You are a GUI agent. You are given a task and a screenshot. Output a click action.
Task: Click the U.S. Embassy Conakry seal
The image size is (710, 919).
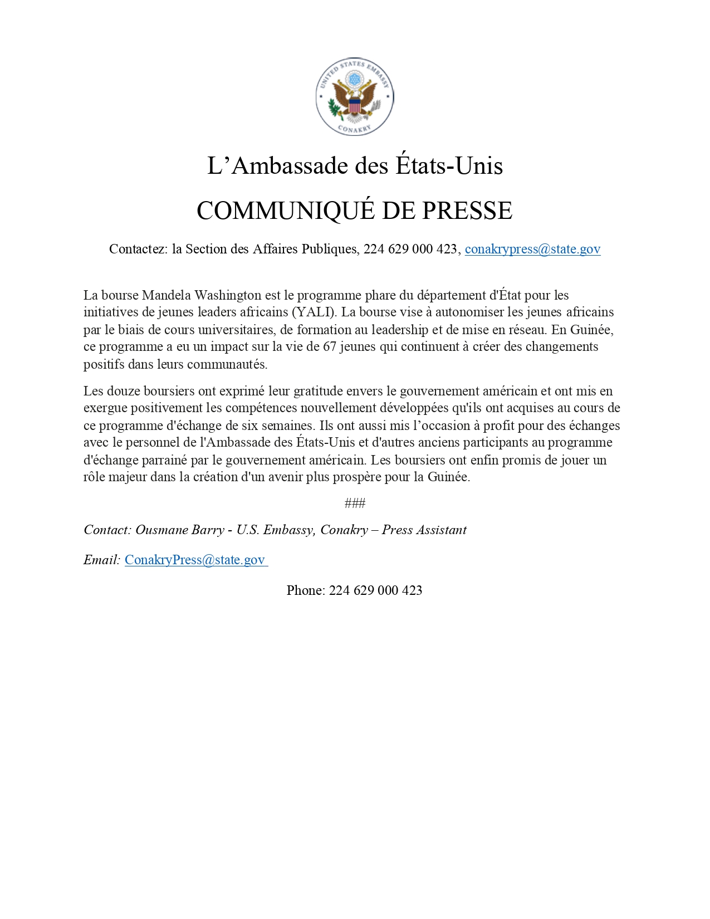(x=355, y=97)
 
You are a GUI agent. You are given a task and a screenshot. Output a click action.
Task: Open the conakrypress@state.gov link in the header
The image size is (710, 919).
(x=532, y=249)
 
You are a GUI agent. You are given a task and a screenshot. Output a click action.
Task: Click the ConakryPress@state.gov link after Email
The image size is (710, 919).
(x=195, y=560)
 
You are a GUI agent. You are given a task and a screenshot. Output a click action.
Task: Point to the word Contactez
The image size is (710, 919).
(x=138, y=249)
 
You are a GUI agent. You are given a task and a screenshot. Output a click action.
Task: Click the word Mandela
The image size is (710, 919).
(x=167, y=295)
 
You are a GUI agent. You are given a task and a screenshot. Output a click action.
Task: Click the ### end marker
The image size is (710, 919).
(x=355, y=504)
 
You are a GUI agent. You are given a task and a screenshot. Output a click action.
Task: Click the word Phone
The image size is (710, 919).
(x=305, y=590)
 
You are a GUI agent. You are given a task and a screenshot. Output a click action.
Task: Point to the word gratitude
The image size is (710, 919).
(x=319, y=391)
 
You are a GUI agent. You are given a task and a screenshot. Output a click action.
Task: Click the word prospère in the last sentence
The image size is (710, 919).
(x=358, y=477)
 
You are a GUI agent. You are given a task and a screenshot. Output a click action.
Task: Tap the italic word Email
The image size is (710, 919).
(x=101, y=560)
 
